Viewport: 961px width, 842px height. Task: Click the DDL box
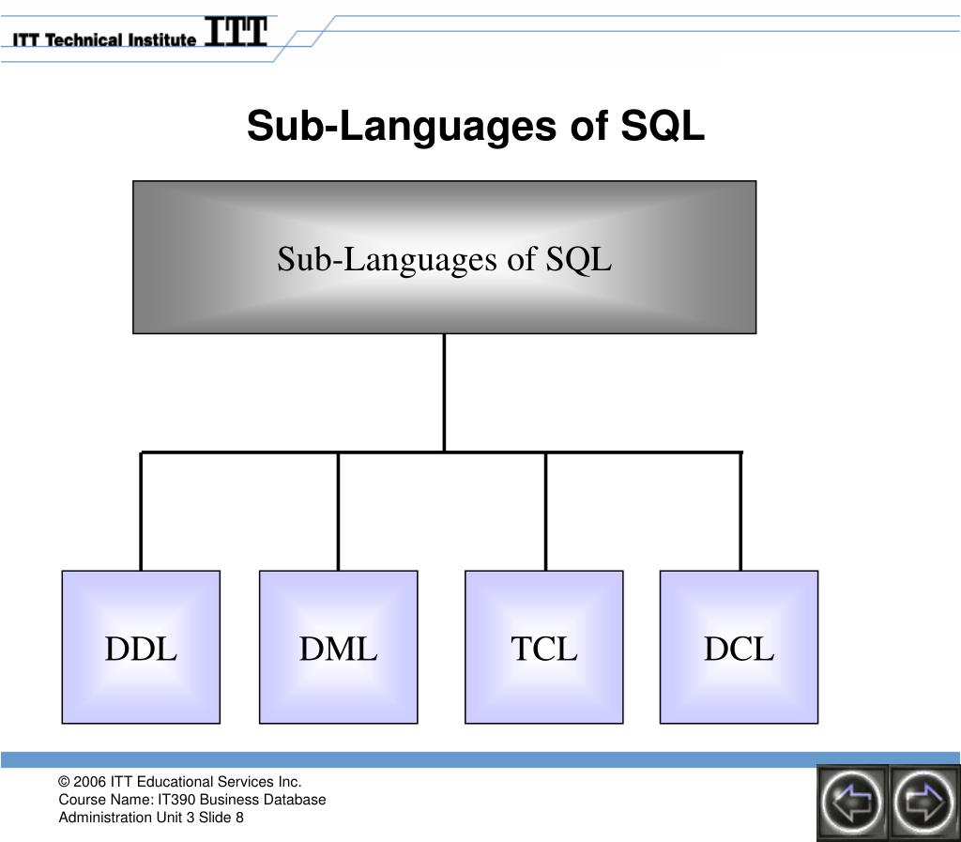[x=141, y=647]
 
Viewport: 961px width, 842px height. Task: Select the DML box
[x=338, y=647]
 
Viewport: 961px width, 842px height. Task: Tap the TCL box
[x=544, y=647]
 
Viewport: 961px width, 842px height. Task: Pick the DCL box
[x=739, y=647]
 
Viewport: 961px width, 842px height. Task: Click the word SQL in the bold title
[x=663, y=126]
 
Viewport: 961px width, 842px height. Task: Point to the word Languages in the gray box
[x=421, y=259]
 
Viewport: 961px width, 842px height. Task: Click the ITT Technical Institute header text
[x=104, y=39]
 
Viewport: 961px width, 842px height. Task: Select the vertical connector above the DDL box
[x=141, y=512]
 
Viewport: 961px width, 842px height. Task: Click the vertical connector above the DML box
[x=338, y=512]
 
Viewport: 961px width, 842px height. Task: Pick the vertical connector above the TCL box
[x=545, y=512]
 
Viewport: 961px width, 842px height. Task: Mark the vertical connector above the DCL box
[x=740, y=512]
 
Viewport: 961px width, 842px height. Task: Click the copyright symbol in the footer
[x=64, y=782]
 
